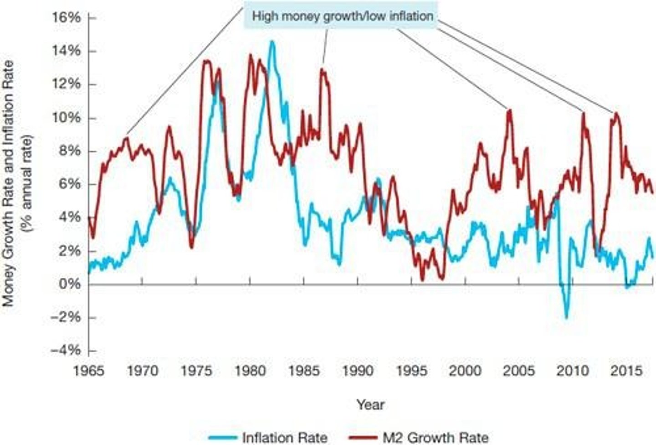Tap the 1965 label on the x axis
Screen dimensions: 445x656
pos(89,370)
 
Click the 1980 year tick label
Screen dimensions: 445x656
pos(250,370)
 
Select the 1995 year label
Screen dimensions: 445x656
pos(411,370)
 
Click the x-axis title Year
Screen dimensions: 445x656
pos(370,404)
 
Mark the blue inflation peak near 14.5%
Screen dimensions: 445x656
pos(272,42)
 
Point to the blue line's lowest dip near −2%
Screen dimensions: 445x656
pos(566,317)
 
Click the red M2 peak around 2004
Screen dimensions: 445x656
pos(509,110)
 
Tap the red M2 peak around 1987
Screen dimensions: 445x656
pos(323,70)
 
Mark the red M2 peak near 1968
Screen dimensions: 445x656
pos(127,138)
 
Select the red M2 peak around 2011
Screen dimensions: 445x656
pos(583,113)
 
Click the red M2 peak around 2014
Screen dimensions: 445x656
pos(616,114)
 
